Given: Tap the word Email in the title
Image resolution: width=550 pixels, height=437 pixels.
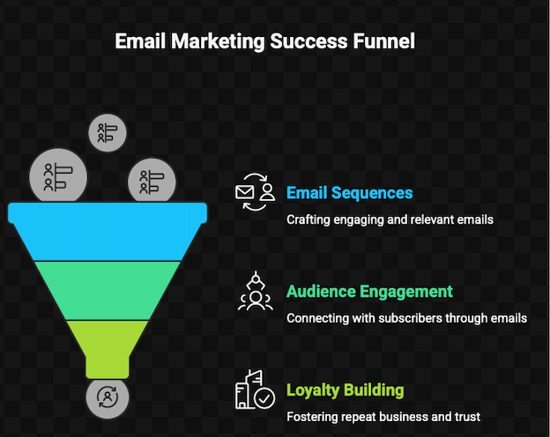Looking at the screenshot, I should coord(140,41).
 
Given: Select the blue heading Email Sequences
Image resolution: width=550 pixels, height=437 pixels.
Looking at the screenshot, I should coord(349,193).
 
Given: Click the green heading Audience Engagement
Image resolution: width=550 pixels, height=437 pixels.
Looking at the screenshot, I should coord(369,292).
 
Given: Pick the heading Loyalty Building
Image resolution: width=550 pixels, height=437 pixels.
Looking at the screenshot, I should coord(345,390).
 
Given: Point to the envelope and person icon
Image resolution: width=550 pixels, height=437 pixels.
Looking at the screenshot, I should coord(256,192).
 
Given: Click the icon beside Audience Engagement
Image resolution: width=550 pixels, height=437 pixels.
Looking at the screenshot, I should coord(256,292).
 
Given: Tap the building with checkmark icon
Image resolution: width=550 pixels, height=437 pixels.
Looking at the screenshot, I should coord(256,390).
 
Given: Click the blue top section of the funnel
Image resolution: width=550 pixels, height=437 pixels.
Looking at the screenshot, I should coord(108,232).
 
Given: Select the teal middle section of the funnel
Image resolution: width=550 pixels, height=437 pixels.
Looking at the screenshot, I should coord(108,290).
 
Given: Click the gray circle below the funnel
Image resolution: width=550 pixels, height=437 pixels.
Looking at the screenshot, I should coord(108,396).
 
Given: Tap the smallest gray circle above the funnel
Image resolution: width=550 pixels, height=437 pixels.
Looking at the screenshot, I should coord(108,133).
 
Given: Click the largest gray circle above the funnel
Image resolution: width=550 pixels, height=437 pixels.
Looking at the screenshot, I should coord(59,176).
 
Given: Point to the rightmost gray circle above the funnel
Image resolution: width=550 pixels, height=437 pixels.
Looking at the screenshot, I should coord(151,183).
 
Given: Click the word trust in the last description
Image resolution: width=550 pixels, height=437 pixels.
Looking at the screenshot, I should coord(467,417).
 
